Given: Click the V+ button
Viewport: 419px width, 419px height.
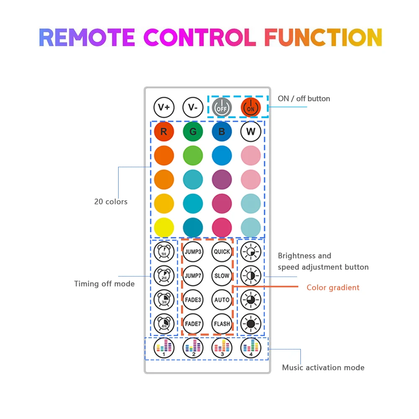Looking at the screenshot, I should (x=164, y=107).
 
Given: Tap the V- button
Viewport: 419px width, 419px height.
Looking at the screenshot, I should (x=193, y=107).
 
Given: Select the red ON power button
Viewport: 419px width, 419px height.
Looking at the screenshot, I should (x=251, y=107).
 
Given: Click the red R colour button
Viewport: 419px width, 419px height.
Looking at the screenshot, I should (x=164, y=132).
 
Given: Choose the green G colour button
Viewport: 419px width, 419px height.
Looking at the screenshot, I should (x=193, y=132).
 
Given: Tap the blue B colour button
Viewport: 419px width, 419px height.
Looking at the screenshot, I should (x=222, y=132).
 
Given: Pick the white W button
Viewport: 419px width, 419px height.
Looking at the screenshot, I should (x=251, y=132).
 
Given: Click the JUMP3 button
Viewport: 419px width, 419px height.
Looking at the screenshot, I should (x=193, y=252).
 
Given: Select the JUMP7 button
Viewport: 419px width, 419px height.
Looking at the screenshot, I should (x=193, y=276).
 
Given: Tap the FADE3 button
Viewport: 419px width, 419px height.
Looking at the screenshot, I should (x=193, y=300).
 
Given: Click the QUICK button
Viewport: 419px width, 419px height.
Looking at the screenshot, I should (x=222, y=252).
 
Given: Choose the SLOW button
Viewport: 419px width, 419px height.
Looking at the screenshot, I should (x=222, y=276).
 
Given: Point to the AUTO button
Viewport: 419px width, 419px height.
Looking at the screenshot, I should (x=222, y=300).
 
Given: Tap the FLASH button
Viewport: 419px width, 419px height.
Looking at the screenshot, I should (x=222, y=323).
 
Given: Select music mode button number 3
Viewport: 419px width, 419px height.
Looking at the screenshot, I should (x=222, y=348).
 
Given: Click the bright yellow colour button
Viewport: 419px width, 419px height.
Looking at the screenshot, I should (x=164, y=228).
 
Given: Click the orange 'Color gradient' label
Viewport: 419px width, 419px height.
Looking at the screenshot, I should (x=333, y=287).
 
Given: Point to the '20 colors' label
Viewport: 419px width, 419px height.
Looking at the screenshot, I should (x=111, y=202).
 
